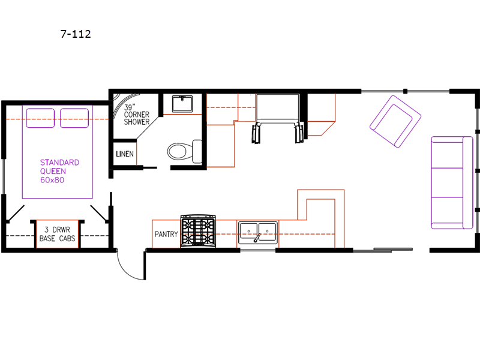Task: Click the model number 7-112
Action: pyautogui.click(x=76, y=34)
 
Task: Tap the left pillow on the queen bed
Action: pyautogui.click(x=40, y=118)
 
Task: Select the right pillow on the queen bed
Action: pyautogui.click(x=74, y=118)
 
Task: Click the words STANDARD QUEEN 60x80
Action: pyautogui.click(x=59, y=171)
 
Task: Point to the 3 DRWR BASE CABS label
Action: pyautogui.click(x=57, y=234)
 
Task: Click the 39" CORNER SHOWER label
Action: pyautogui.click(x=137, y=115)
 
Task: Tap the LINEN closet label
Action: pyautogui.click(x=125, y=154)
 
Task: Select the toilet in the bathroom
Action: pyautogui.click(x=185, y=151)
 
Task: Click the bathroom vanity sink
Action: pyautogui.click(x=182, y=104)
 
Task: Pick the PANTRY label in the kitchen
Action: pyautogui.click(x=166, y=234)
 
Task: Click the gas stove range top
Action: pyautogui.click(x=198, y=231)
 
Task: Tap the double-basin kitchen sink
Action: pyautogui.click(x=258, y=233)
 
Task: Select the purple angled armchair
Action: pyautogui.click(x=395, y=122)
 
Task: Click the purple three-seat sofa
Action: pyautogui.click(x=452, y=183)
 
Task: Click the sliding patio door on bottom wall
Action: pyautogui.click(x=383, y=250)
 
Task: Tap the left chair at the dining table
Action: pyautogui.click(x=256, y=133)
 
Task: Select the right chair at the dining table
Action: pyautogui.click(x=299, y=133)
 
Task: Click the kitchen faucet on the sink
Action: pyautogui.click(x=257, y=238)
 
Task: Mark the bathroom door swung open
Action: pyautogui.click(x=150, y=168)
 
